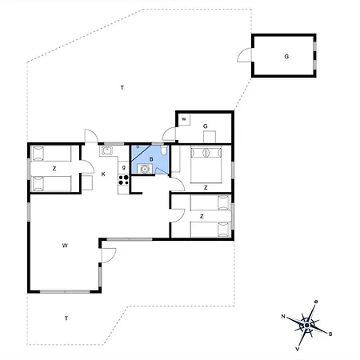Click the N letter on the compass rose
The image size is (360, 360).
click(284, 317)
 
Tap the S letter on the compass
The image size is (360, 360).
click(330, 334)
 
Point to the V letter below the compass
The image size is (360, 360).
click(298, 350)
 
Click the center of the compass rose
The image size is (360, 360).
click(307, 325)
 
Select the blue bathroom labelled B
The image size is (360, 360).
click(150, 160)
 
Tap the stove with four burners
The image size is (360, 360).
click(124, 180)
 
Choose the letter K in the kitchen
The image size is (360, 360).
click(103, 173)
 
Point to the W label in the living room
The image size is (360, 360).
click(64, 246)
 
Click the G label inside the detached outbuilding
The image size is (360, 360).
click(286, 56)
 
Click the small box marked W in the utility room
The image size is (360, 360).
click(183, 120)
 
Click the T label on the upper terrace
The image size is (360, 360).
click(122, 86)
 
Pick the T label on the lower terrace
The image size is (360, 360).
click(66, 318)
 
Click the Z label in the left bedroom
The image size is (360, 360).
click(54, 168)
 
